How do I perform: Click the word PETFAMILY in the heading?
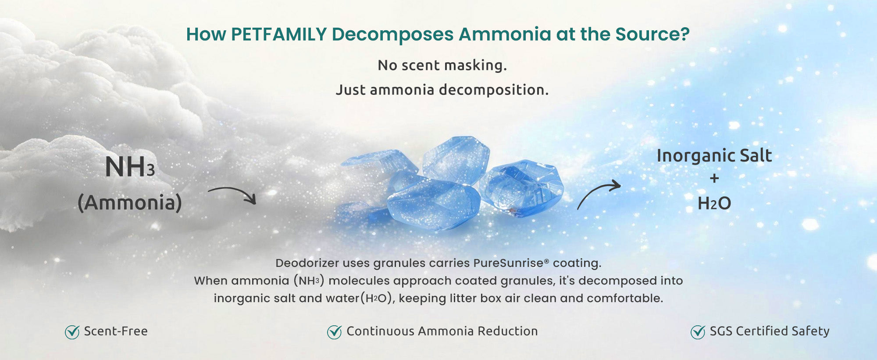point(279,34)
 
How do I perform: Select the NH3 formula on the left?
point(130,167)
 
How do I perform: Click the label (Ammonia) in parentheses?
point(130,202)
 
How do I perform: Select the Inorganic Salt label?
point(714,155)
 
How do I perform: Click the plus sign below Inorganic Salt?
point(714,178)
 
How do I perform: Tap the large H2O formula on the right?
point(714,203)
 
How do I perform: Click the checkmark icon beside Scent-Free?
point(72,332)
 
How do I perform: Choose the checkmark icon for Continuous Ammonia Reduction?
point(335,332)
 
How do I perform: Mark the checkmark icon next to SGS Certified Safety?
point(698,332)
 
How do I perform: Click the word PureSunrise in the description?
point(509,263)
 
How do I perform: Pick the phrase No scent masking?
point(442,65)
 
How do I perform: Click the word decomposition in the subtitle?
point(494,90)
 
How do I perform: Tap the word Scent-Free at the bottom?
point(116,331)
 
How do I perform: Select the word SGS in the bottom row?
point(721,331)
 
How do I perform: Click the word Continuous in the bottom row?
point(381,331)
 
